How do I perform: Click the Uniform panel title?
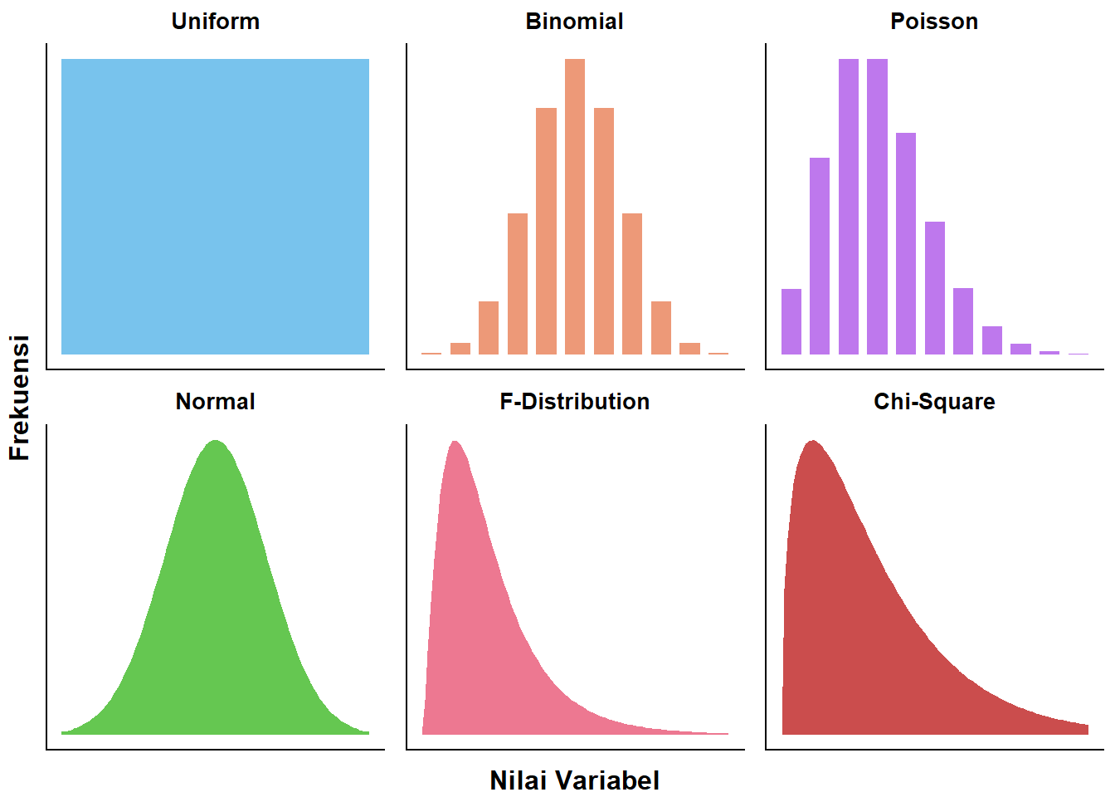[x=216, y=22]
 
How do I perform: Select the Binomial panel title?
[x=574, y=22]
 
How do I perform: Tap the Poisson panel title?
[x=934, y=22]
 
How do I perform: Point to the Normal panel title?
[x=216, y=402]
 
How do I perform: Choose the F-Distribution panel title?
[x=574, y=402]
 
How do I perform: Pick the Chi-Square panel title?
[x=934, y=402]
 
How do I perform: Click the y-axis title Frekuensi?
[x=19, y=398]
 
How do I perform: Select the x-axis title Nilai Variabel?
[x=574, y=780]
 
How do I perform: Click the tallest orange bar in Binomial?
[x=575, y=208]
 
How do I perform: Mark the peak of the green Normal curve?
[x=216, y=442]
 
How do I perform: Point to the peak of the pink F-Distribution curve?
[x=455, y=443]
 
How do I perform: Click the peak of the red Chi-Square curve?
[x=813, y=443]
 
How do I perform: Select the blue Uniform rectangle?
[x=216, y=207]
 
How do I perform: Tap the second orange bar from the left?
[x=460, y=349]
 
